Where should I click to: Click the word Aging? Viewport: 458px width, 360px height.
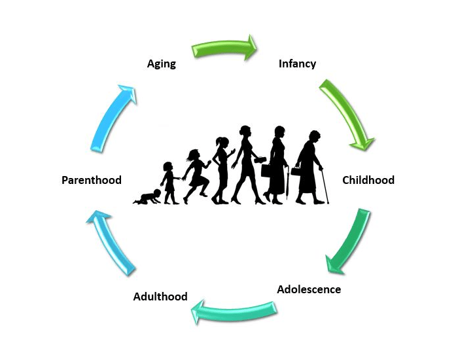[x=162, y=64]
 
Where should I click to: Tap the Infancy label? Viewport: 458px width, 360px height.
[x=297, y=64]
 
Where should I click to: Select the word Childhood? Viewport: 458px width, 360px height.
[x=368, y=180]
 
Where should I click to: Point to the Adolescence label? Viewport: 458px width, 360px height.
[x=309, y=289]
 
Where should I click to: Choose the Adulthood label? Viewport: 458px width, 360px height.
[x=160, y=297]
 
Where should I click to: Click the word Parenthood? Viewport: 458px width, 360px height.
[x=92, y=180]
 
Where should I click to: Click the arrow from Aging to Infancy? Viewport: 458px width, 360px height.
[x=224, y=47]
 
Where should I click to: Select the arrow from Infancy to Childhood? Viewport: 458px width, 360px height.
[x=346, y=115]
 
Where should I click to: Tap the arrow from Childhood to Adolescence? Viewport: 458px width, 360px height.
[x=347, y=242]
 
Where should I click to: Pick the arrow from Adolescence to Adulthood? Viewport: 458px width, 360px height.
[x=234, y=312]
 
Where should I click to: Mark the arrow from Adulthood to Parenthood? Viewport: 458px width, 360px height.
[x=111, y=243]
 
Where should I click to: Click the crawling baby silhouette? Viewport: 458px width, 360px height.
[x=147, y=196]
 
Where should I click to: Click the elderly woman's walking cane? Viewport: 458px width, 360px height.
[x=325, y=185]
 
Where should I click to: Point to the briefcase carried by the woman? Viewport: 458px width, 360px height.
[x=266, y=171]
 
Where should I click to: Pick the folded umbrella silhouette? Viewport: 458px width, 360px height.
[x=287, y=183]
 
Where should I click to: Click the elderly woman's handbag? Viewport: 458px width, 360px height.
[x=296, y=171]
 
